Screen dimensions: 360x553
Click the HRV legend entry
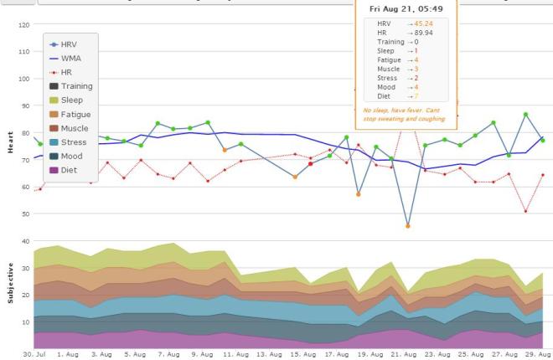coord(73,43)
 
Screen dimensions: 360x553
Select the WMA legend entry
coord(73,58)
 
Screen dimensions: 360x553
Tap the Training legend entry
coord(76,86)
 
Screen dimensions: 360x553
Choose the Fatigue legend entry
coord(75,114)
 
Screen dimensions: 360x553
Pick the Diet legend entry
coord(70,169)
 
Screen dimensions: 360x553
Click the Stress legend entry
coord(74,141)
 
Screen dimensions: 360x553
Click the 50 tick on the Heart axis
coord(24,213)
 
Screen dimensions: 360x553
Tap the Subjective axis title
coord(10,285)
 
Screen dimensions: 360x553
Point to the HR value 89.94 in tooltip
coord(411,32)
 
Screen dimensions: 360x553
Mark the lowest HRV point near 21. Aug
coord(408,226)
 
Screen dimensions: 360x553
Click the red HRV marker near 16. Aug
coord(310,164)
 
